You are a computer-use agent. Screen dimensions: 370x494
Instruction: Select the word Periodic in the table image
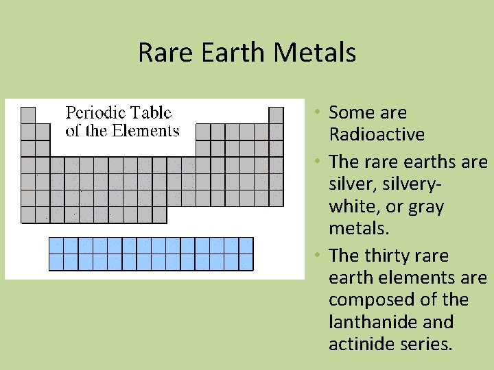(x=94, y=113)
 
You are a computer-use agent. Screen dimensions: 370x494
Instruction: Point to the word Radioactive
(x=377, y=134)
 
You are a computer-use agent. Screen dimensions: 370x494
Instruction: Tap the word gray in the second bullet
(x=426, y=206)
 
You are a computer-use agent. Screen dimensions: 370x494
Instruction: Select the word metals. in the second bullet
(x=357, y=228)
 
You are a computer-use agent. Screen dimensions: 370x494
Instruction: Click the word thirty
(x=390, y=256)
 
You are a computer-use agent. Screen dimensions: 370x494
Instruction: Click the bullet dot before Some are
(x=319, y=112)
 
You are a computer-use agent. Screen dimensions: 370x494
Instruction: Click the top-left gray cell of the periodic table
(x=28, y=114)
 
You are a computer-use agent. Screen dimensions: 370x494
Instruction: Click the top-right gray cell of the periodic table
(x=276, y=114)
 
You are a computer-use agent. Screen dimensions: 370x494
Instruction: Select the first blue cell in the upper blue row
(x=56, y=245)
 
